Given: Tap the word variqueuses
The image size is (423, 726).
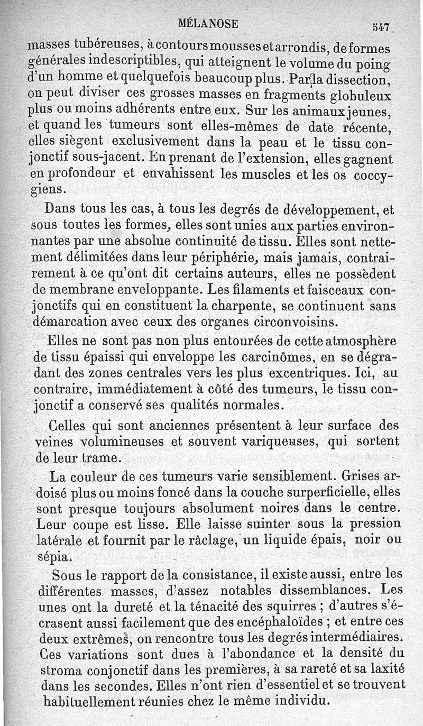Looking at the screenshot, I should [253, 441].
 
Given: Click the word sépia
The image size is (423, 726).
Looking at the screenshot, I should [51, 557].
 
